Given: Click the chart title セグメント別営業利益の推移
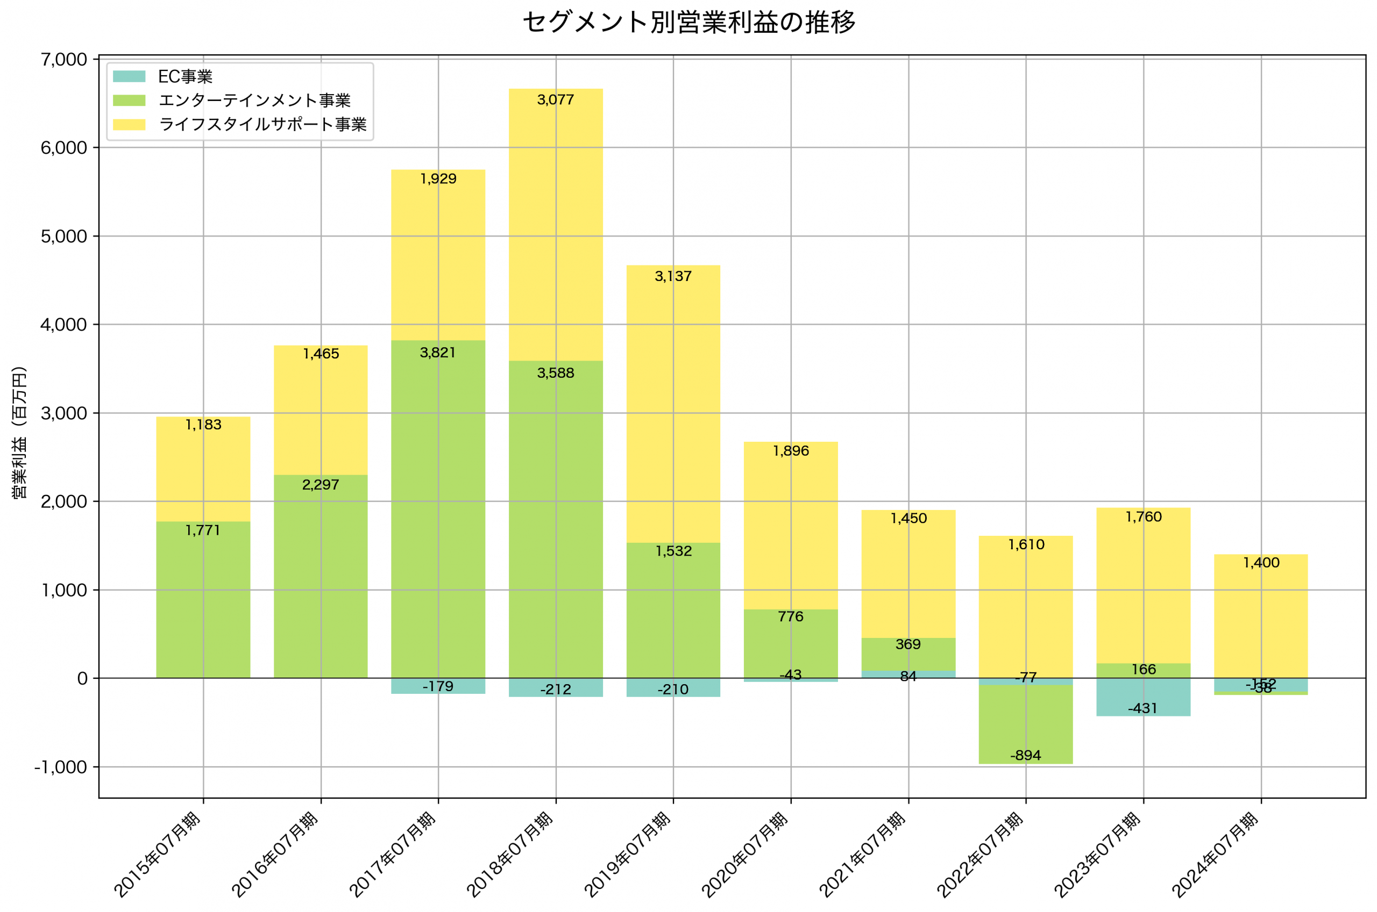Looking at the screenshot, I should coord(688,23).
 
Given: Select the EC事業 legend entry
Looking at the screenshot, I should coord(185,77).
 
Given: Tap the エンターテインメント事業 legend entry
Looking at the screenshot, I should coord(254,100).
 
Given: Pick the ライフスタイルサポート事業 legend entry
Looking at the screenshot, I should coord(262,125).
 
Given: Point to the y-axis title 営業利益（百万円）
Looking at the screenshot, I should coord(19,433).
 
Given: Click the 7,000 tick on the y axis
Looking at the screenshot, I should coord(63,59).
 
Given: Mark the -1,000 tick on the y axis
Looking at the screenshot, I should coord(61,767).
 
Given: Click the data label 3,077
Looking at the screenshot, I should coord(555,100).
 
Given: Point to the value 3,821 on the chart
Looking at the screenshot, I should coord(438,353).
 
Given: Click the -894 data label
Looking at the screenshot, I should coord(1025,756).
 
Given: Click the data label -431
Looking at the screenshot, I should coord(1142,708).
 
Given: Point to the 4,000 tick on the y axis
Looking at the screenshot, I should coord(63,325).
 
